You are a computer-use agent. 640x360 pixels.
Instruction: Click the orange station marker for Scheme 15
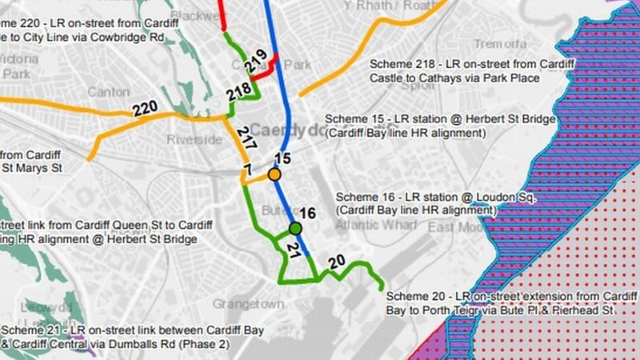[x=274, y=174]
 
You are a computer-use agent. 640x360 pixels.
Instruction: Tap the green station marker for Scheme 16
[x=295, y=230]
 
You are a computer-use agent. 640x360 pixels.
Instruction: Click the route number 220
[x=145, y=110]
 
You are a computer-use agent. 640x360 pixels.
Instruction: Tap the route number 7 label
[x=247, y=168]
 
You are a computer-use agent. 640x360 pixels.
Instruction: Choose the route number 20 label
[x=337, y=262]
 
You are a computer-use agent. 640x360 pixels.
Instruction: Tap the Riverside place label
[x=194, y=140]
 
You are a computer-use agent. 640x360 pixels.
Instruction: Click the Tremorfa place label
[x=501, y=43]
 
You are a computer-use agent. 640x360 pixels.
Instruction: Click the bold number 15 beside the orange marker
[x=282, y=159]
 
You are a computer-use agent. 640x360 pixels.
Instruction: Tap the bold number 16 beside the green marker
[x=309, y=213]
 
